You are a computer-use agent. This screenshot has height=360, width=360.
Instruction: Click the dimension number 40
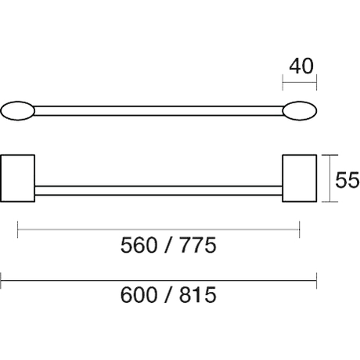(301, 67)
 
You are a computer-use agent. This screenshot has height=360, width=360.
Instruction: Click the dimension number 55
(347, 180)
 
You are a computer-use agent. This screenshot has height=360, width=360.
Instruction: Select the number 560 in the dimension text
(139, 245)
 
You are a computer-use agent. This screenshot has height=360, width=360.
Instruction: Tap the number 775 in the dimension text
(198, 245)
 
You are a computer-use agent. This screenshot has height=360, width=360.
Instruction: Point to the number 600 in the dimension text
(139, 295)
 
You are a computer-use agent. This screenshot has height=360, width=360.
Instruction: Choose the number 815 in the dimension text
(198, 295)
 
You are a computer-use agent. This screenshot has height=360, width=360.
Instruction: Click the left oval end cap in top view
(18, 111)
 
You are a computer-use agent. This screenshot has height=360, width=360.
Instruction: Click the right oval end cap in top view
(300, 111)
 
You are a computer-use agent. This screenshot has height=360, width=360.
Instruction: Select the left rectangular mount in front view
(18, 178)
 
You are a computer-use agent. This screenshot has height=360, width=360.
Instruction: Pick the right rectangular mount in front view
(300, 178)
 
